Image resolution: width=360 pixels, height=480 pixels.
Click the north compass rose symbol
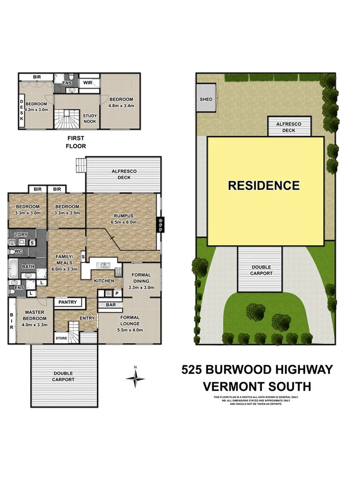click(x=135, y=378)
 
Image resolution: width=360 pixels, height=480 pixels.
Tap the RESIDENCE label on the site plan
click(x=263, y=186)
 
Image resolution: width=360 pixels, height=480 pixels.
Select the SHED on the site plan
click(x=205, y=100)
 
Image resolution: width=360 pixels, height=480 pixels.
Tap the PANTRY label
click(x=68, y=302)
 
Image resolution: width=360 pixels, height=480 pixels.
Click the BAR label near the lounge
click(x=110, y=305)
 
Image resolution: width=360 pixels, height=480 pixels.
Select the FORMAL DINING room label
click(x=141, y=278)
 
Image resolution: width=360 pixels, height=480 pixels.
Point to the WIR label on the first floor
click(x=87, y=83)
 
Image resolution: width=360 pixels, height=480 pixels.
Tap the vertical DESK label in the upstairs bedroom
click(x=21, y=111)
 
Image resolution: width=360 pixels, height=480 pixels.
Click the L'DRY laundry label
click(x=21, y=235)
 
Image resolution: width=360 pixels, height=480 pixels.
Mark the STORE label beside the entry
click(x=61, y=338)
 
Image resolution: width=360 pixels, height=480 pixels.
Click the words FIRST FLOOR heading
click(x=76, y=141)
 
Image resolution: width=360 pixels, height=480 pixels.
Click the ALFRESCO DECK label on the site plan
click(x=288, y=127)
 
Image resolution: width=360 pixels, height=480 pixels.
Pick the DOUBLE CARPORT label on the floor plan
click(x=63, y=377)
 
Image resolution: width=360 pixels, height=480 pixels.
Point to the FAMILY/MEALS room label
click(x=63, y=260)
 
